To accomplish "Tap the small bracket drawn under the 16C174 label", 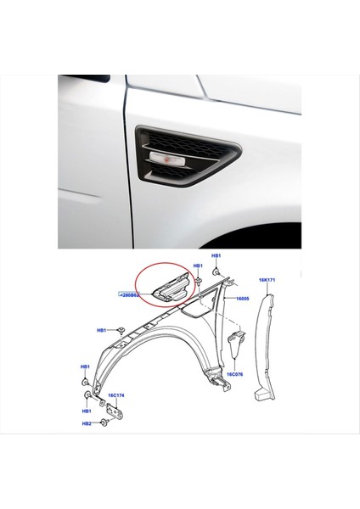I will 118,411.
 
